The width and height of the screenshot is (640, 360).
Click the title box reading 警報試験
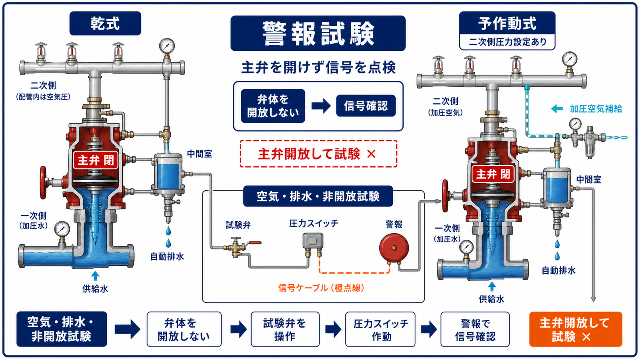(318, 33)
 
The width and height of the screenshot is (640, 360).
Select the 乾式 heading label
(105, 23)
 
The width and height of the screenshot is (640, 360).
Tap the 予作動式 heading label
(507, 23)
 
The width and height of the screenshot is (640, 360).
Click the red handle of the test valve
(255, 243)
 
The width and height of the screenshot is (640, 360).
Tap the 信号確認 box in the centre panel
(366, 106)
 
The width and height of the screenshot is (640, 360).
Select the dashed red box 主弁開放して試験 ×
(318, 154)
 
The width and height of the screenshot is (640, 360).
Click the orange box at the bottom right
(575, 329)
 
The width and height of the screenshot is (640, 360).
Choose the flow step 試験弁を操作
(285, 329)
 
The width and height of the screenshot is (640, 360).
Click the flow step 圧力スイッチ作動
(380, 329)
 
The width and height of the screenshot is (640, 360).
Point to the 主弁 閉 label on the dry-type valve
(96, 160)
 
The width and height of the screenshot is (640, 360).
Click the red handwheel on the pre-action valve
(445, 196)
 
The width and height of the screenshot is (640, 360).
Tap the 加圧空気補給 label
(596, 109)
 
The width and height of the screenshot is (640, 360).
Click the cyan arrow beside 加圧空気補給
(557, 109)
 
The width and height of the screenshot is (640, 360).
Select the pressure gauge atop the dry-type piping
(167, 45)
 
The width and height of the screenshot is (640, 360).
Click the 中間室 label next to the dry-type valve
(199, 154)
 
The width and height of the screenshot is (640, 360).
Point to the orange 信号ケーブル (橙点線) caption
(321, 288)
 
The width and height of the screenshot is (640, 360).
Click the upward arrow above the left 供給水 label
(95, 276)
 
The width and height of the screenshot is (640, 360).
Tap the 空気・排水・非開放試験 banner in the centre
(318, 196)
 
